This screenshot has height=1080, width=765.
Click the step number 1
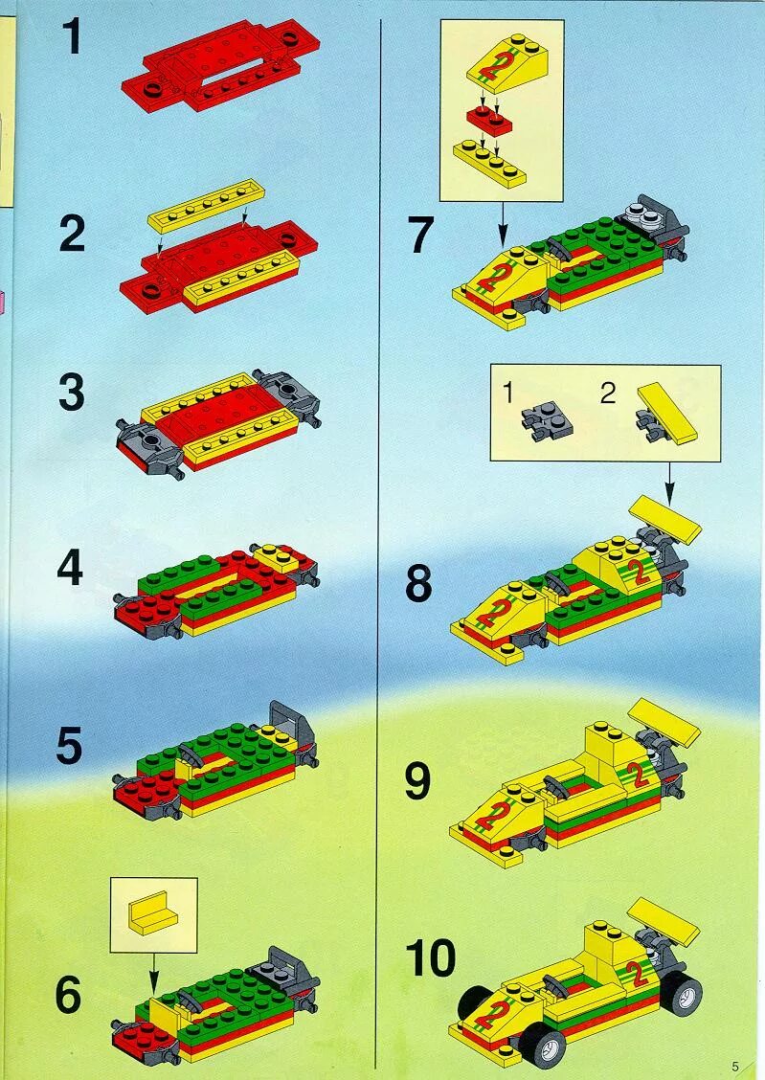click(73, 39)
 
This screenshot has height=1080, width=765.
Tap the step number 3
click(71, 394)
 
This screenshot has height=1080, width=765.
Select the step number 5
click(69, 746)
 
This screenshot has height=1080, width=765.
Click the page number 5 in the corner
click(735, 1066)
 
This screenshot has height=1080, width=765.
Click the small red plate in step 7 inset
click(488, 120)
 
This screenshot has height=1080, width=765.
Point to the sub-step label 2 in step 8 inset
click(607, 394)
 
